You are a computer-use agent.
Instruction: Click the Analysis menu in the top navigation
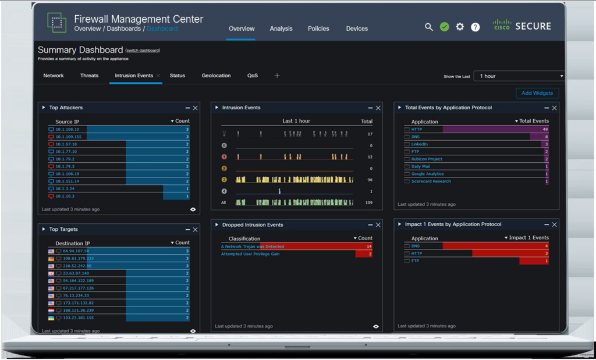click(281, 28)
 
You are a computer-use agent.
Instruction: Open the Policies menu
click(318, 28)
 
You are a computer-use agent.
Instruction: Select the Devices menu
click(357, 28)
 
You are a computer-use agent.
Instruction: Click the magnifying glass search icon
click(429, 27)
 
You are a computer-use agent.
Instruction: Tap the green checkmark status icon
click(445, 27)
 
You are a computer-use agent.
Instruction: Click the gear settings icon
click(460, 27)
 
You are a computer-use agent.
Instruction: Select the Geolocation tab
click(216, 76)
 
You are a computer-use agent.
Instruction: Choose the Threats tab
click(89, 76)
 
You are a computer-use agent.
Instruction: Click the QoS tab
click(253, 76)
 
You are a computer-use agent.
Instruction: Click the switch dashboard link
click(143, 51)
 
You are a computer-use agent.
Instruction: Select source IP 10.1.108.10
click(67, 130)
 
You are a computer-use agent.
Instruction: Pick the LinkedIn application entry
click(419, 144)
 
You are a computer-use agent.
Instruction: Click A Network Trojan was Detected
click(253, 247)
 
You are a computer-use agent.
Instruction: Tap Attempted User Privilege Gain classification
click(250, 254)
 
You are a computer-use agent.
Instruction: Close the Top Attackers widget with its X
click(196, 108)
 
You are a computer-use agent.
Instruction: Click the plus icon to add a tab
click(277, 76)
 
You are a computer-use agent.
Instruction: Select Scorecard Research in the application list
click(431, 181)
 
